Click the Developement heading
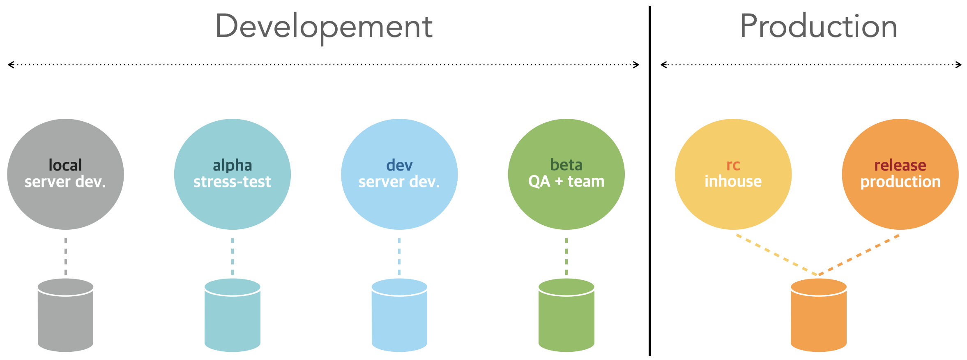click(324, 27)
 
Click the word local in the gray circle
click(65, 165)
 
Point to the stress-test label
click(232, 182)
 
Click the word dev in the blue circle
click(399, 165)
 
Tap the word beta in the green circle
click(566, 165)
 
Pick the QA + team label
click(566, 181)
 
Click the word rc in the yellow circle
click(733, 166)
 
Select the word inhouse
click(733, 181)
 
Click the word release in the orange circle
click(900, 165)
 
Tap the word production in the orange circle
click(900, 182)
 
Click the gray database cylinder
click(65, 315)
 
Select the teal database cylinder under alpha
click(233, 315)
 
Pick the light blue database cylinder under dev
click(399, 315)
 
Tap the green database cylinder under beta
click(566, 315)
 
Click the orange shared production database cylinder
click(819, 315)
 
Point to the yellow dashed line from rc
click(777, 255)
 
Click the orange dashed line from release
click(859, 255)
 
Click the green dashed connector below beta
click(566, 256)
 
